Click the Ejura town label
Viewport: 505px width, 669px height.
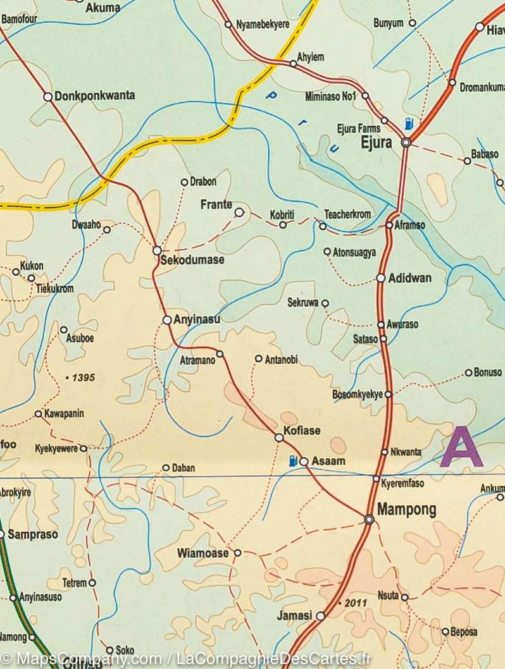(376, 143)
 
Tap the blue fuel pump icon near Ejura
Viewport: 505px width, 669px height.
(409, 125)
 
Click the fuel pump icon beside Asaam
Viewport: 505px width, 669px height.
(292, 460)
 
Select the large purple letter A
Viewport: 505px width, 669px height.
(461, 447)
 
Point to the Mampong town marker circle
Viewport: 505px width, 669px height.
(369, 519)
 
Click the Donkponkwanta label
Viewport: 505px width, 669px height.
(95, 96)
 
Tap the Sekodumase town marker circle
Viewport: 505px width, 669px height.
(157, 251)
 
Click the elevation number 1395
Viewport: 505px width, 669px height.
(83, 377)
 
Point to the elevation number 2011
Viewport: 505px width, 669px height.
(356, 603)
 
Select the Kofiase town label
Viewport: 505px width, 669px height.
(302, 431)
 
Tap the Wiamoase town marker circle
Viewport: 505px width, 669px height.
(238, 553)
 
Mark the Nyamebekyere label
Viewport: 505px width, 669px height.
(262, 25)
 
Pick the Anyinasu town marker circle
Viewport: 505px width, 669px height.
(167, 320)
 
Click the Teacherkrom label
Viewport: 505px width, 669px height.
(347, 214)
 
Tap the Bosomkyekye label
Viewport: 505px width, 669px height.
(358, 395)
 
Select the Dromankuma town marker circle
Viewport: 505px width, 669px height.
(452, 82)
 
